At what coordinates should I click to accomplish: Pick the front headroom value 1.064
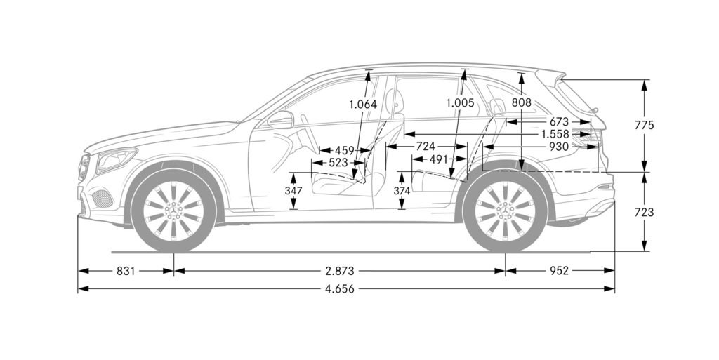coord(363,105)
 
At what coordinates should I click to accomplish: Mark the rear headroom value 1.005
coord(460,103)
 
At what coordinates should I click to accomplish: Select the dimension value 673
coord(559,122)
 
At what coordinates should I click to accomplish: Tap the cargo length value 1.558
coord(555,134)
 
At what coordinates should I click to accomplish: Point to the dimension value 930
coord(559,147)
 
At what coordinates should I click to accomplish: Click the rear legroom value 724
coord(426,147)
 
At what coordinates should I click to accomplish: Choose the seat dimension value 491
coord(439,159)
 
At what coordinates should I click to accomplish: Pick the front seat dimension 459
coord(344,150)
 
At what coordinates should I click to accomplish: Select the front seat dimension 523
coord(338,162)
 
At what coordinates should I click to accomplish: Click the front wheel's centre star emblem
coord(173,211)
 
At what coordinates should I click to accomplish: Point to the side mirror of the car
coord(280,120)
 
